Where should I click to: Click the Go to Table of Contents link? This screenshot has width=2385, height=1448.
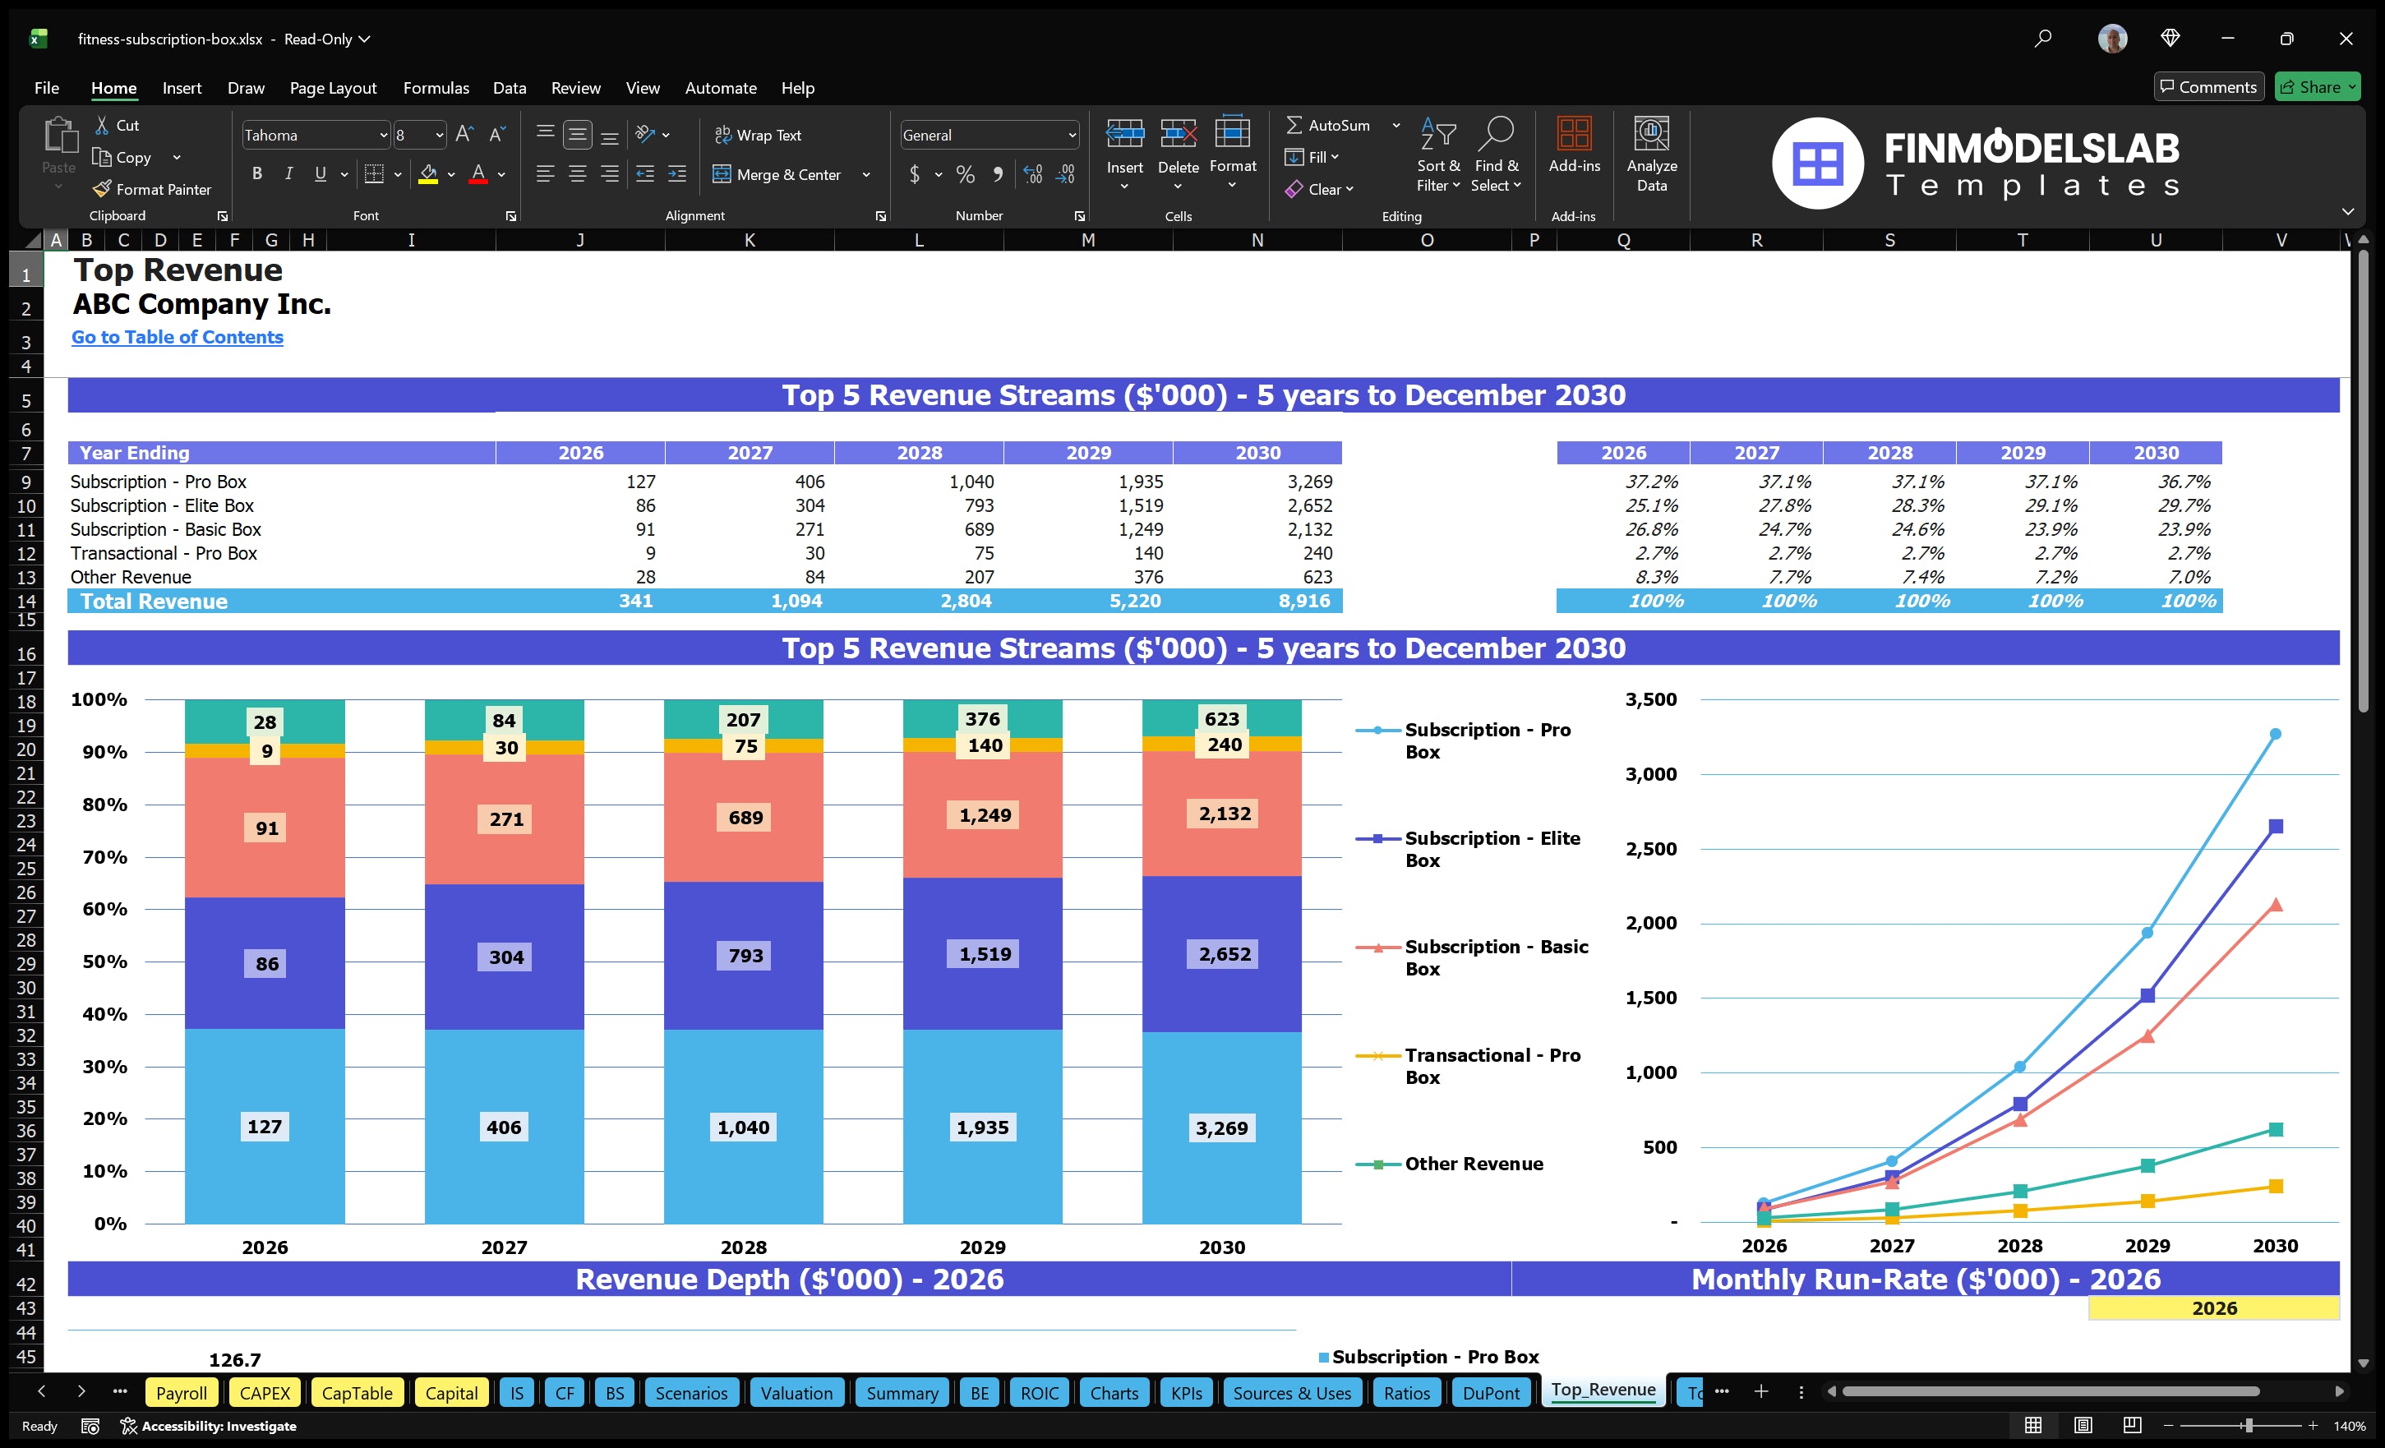(x=178, y=337)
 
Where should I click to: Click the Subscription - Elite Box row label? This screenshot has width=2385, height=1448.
(x=162, y=505)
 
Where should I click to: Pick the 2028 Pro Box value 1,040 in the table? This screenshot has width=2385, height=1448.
(x=971, y=481)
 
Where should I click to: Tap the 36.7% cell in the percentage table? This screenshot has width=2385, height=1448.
(x=2183, y=481)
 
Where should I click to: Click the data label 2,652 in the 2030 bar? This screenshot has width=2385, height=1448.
(x=1224, y=954)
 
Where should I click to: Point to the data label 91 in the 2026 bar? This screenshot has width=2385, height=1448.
(x=266, y=828)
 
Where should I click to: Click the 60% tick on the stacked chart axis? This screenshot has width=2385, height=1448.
(x=104, y=909)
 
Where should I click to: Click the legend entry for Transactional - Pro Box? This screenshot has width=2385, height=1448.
(x=1492, y=1066)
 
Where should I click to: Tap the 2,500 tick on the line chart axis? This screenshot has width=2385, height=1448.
(x=1650, y=849)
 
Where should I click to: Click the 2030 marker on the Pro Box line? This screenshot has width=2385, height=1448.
(x=2275, y=734)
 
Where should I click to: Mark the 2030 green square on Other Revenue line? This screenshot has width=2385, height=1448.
(x=2275, y=1130)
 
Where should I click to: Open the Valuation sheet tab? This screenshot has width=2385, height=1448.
(x=796, y=1393)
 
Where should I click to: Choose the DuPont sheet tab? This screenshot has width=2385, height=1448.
(x=1491, y=1393)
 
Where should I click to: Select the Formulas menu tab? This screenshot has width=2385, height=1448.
(x=436, y=88)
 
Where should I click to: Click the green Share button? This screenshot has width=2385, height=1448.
(x=2316, y=87)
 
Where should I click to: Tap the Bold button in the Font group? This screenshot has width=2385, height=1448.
(x=256, y=174)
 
